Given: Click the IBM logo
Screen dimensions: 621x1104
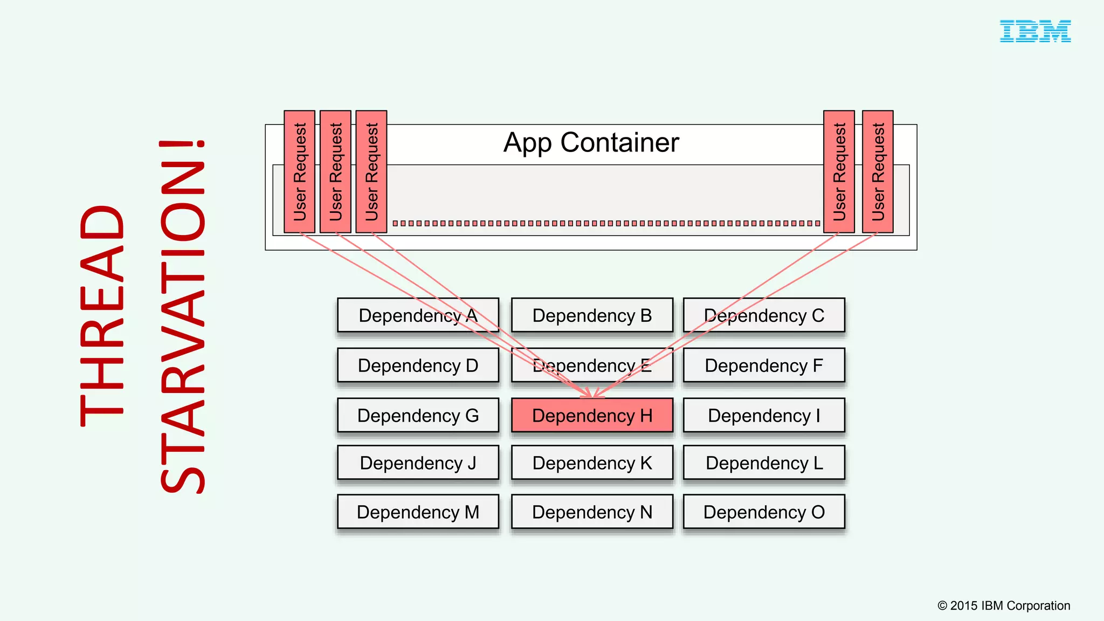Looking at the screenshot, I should tap(1035, 31).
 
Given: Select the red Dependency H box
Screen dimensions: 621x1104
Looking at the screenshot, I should tap(592, 416).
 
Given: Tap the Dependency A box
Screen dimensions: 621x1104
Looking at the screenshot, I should tap(418, 315).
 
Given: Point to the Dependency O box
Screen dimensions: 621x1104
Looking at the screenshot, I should tap(764, 512).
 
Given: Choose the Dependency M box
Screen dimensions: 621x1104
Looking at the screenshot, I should tap(418, 512).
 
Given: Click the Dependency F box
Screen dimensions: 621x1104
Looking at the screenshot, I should tap(764, 365).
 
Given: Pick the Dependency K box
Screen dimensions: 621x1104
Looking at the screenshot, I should tap(592, 463).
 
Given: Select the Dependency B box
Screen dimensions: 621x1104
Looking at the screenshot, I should tap(592, 315).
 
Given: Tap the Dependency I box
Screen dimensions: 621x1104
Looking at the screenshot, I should tap(764, 416).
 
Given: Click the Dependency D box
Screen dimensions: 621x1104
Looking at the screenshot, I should tap(418, 365).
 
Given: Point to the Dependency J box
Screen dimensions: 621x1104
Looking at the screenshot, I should tap(418, 463).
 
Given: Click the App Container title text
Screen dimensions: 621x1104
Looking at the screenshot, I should tap(591, 143).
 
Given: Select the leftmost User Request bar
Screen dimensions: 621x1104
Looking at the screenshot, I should tap(300, 171).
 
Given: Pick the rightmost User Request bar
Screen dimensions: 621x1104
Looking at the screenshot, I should tap(878, 171).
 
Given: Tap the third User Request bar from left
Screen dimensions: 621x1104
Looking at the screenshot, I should tap(371, 171).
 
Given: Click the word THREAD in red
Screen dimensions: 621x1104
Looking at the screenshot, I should tap(102, 315).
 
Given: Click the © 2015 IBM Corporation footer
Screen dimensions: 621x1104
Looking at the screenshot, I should tap(1004, 605).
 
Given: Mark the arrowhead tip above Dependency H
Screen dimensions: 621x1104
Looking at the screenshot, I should tap(592, 398).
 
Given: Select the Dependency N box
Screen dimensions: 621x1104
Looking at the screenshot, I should tap(592, 512).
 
